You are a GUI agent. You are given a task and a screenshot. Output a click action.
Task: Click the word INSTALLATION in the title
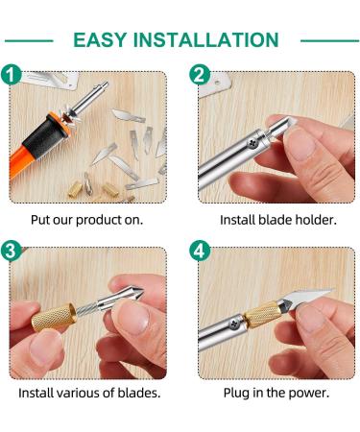click(205, 40)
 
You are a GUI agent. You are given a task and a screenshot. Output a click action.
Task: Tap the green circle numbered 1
click(11, 75)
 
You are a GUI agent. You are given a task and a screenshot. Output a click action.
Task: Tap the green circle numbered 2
click(200, 75)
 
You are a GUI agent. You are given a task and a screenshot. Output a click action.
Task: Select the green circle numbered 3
click(11, 251)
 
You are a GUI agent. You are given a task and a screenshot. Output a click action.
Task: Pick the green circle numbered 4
click(200, 251)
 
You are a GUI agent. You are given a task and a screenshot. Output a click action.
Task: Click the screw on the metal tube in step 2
click(253, 143)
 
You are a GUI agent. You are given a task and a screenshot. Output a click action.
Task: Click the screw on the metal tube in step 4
click(235, 324)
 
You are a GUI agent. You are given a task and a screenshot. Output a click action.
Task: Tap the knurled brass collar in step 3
click(54, 317)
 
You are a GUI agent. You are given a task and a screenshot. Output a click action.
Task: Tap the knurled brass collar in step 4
click(262, 315)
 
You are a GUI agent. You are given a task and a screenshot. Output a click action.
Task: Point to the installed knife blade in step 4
click(310, 297)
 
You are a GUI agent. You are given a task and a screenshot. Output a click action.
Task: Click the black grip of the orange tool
click(45, 136)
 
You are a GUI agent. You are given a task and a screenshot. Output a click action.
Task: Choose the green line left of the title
click(29, 40)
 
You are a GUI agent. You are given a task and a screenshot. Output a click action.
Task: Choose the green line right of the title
click(329, 40)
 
